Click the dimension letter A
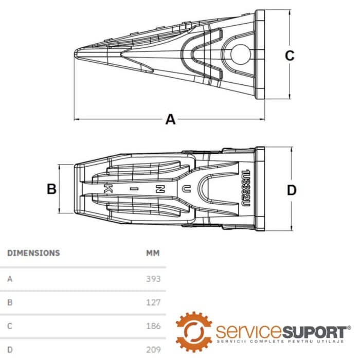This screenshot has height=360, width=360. tap(170, 120)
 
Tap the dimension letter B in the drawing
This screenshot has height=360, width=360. tap(51, 189)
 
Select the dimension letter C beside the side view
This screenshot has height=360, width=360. tap(290, 56)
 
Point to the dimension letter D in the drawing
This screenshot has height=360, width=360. tap(292, 190)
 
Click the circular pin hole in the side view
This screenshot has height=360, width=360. tap(240, 53)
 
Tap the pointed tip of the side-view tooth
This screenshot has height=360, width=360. tap(77, 52)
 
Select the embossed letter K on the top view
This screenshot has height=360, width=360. tap(108, 188)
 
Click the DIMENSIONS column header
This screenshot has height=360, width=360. tap(33, 253)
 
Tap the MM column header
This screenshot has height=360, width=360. tap(153, 253)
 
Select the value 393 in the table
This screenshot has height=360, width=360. tap(153, 279)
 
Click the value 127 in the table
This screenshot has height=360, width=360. tap(153, 302)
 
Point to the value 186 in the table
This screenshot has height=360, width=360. tap(153, 326)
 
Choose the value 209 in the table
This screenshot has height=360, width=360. tap(153, 350)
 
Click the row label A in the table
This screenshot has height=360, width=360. tap(10, 279)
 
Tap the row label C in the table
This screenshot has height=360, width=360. tap(10, 326)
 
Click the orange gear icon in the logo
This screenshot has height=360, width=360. tap(194, 331)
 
